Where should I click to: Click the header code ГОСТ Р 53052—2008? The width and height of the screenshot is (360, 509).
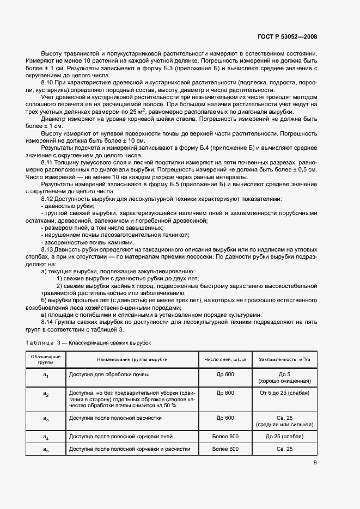pos(286,37)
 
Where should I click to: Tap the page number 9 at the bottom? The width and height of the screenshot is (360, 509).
pos(315,463)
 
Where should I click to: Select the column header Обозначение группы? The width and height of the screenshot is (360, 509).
pos(46,359)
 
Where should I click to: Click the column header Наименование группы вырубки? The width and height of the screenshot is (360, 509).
pos(132,360)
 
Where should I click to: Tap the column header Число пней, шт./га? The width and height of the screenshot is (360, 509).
pos(225,360)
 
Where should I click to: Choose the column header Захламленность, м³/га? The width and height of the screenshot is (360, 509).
pos(285,360)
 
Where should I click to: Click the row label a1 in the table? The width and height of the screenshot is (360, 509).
pos(46,376)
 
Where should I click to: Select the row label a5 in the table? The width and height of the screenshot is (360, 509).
pos(46,450)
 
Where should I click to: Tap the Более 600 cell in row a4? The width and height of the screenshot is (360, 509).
pos(225,437)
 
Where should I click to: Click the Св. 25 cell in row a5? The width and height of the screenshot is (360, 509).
pos(285,449)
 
